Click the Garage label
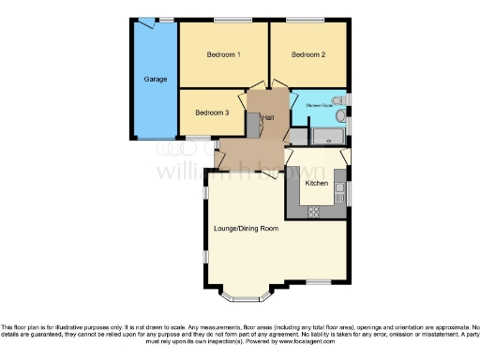156,79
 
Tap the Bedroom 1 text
224,54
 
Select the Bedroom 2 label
308,54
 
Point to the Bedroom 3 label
212,112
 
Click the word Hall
268,117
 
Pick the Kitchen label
317,184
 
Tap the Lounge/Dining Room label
247,229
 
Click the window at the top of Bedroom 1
225,21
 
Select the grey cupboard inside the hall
251,122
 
